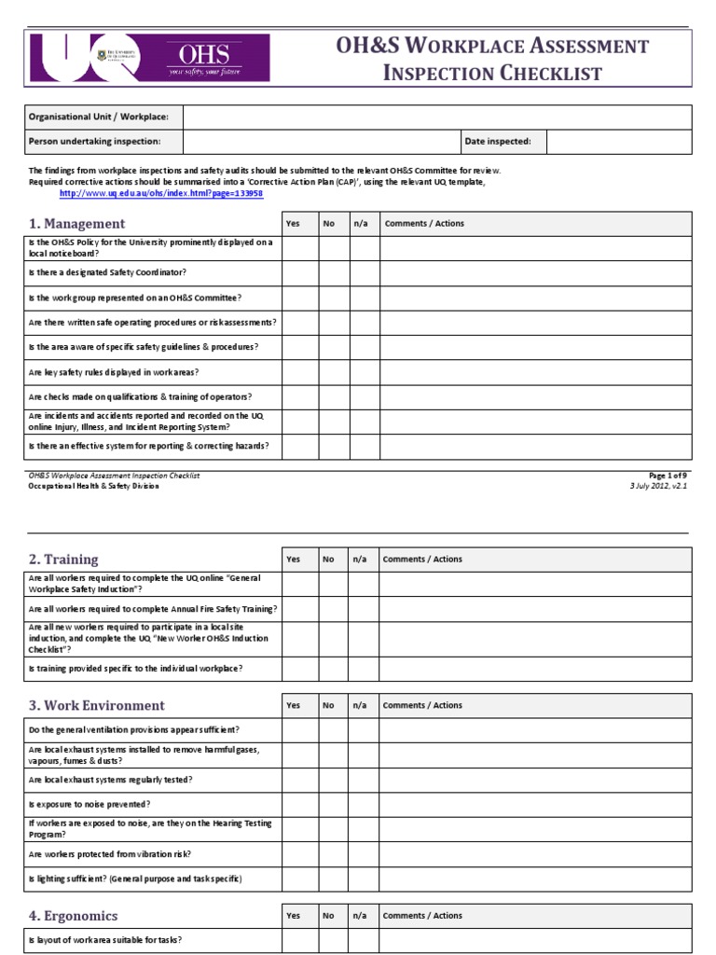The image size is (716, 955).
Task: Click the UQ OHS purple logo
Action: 149,58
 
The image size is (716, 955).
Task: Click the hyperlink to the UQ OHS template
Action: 161,193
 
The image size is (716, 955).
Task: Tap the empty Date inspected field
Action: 618,142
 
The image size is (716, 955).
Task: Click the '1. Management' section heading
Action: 76,224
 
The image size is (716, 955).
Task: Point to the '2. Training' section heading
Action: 63,560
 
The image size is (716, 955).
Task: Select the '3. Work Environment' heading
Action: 97,706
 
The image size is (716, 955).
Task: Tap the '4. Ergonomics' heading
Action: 74,916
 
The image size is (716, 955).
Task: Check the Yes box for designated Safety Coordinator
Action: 300,272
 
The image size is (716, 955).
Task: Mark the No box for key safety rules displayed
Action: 334,372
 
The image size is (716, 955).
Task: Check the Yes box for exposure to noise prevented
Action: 300,804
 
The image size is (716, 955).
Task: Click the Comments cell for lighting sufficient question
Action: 534,879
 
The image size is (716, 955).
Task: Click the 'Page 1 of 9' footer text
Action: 668,476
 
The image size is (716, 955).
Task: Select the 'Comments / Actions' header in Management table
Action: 424,224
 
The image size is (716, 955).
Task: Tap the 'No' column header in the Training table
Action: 328,560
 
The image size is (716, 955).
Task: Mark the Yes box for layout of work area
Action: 300,940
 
